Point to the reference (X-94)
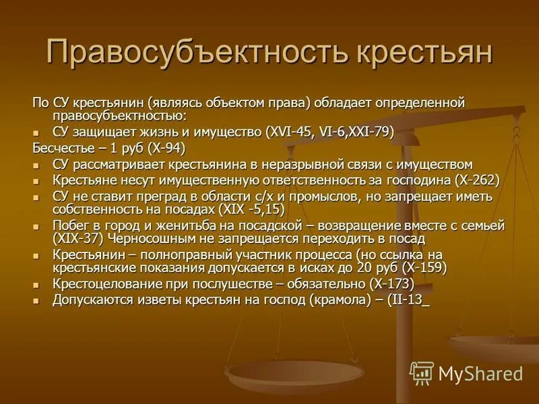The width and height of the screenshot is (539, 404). coord(160,148)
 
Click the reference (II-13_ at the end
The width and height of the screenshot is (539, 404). coord(407,300)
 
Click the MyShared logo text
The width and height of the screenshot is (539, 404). coord(480,374)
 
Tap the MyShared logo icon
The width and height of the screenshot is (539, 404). coord(422,373)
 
